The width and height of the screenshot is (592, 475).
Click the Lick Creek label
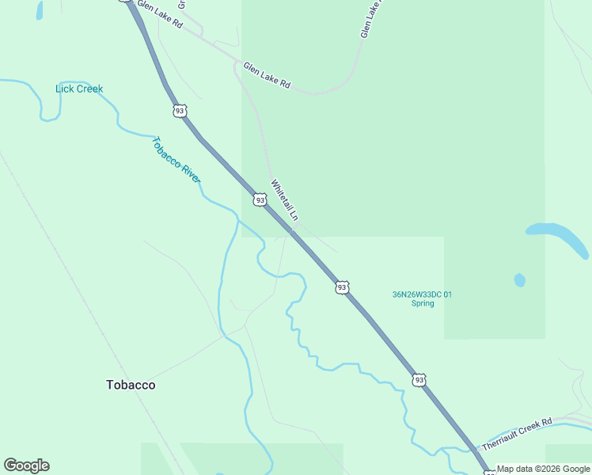[x=79, y=89]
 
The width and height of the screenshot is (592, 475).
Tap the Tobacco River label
[x=176, y=161]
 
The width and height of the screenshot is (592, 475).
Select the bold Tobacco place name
[x=131, y=385]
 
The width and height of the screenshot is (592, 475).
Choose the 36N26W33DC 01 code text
[x=423, y=294]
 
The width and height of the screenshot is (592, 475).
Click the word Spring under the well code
[x=423, y=303]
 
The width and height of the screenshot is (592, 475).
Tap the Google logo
[x=26, y=465]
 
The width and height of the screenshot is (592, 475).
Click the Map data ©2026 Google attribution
[x=542, y=469]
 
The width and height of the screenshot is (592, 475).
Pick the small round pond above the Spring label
[x=519, y=279]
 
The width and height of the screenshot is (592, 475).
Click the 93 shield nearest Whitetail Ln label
[x=260, y=200]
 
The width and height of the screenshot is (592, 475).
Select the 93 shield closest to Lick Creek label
[x=180, y=111]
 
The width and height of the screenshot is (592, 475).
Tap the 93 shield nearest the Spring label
[x=341, y=287]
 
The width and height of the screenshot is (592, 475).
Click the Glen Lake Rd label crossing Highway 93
[x=159, y=15]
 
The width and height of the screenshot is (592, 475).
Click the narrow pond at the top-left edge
[x=40, y=9]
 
